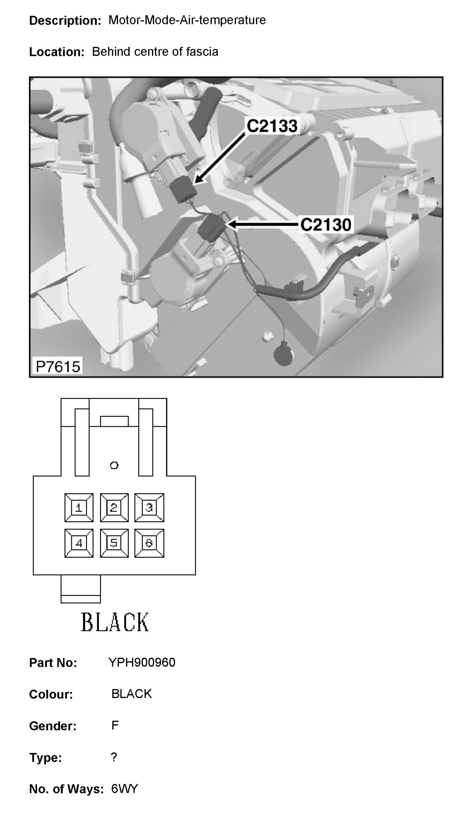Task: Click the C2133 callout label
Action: point(272,126)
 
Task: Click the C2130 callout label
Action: point(326,225)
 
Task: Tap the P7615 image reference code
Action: point(58,366)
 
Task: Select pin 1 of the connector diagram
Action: point(79,508)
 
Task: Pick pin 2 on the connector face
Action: point(114,508)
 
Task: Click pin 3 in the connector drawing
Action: point(149,508)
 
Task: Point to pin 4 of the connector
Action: point(79,543)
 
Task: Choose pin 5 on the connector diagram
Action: point(114,543)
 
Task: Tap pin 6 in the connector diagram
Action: point(149,543)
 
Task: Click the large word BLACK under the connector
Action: point(115,622)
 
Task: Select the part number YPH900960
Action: point(142,662)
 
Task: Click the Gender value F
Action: point(115,725)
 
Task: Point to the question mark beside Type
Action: point(114,757)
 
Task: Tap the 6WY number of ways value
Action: point(124,789)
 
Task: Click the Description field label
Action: point(65,21)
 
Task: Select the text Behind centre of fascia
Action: point(155,52)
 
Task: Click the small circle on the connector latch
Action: point(114,465)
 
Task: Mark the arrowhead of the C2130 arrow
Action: point(231,225)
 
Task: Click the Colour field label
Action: point(51,694)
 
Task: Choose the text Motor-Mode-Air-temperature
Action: point(187,20)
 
